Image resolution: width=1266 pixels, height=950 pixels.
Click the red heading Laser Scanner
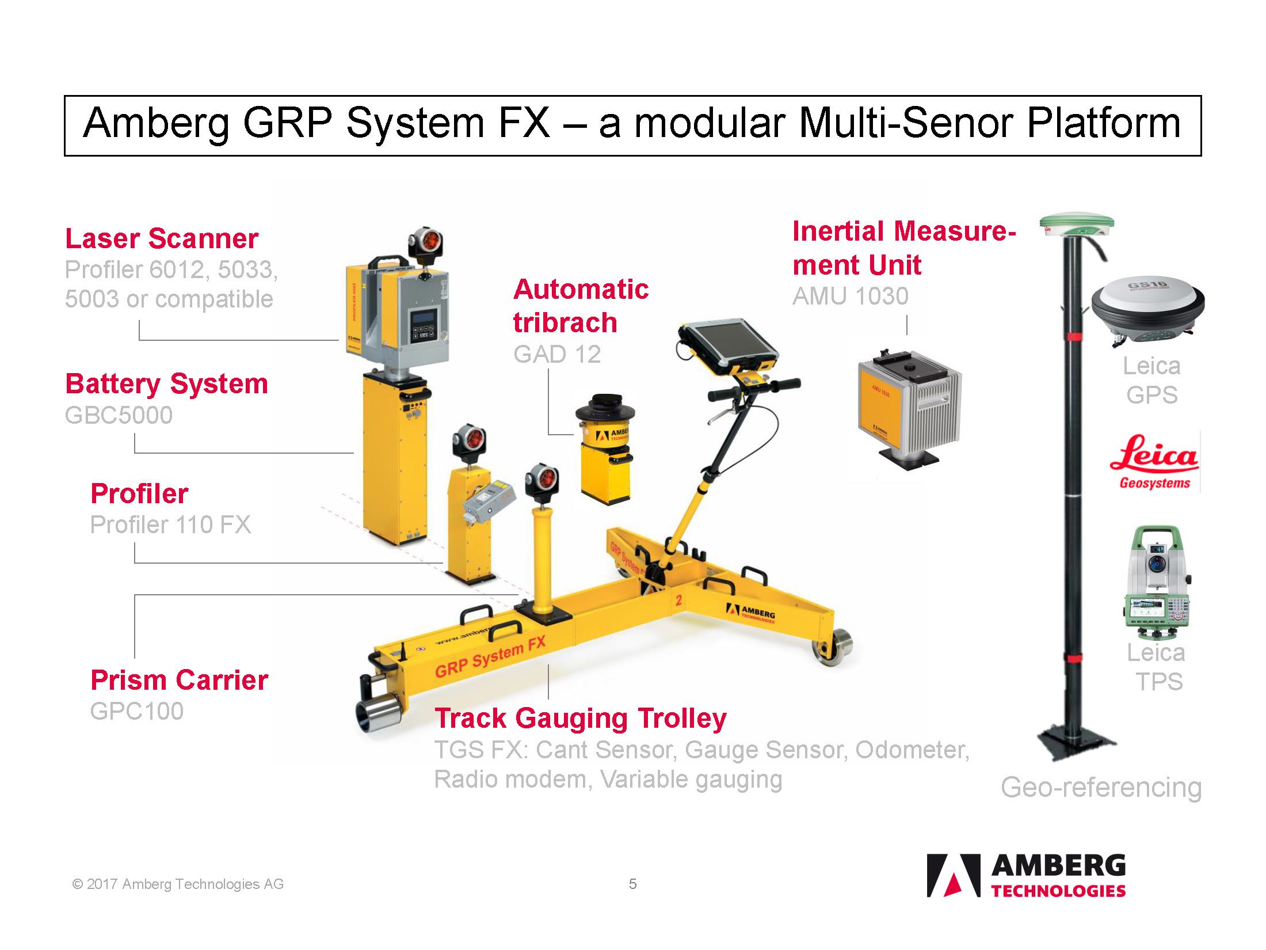click(162, 238)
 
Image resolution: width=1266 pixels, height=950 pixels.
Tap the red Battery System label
click(167, 384)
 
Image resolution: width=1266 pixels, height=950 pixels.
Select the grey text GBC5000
click(119, 415)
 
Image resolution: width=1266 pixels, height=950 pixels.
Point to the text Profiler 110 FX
click(171, 525)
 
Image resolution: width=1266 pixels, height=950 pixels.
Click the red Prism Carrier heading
click(180, 680)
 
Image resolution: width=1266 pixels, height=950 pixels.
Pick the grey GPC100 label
click(137, 711)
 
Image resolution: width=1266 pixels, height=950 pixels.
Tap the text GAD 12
click(557, 354)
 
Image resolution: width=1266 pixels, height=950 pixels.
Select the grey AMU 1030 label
click(851, 296)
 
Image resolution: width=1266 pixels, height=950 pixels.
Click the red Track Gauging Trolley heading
click(581, 719)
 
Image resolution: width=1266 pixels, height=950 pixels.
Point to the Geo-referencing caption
click(1101, 788)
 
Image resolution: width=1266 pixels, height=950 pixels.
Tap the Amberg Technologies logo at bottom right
click(1026, 875)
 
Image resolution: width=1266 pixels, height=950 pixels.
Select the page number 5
click(632, 884)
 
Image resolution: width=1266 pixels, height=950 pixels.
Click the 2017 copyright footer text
click(178, 884)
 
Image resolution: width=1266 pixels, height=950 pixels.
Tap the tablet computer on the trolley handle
click(728, 348)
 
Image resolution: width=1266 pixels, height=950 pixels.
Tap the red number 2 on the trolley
click(678, 600)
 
